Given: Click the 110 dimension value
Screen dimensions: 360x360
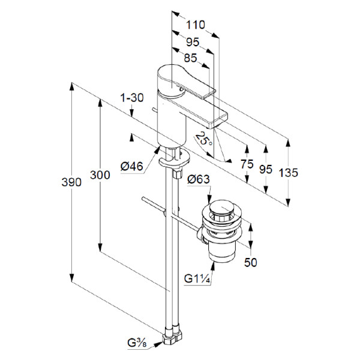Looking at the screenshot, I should tap(196, 25).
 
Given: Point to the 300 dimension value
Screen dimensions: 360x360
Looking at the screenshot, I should tap(100, 175).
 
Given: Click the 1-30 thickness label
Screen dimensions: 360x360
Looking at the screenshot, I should tap(131, 98).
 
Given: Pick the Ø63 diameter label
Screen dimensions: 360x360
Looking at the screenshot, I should tap(198, 179).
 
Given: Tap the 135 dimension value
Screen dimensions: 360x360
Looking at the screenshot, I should tap(289, 172).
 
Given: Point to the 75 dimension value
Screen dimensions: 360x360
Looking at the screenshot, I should tap(245, 165).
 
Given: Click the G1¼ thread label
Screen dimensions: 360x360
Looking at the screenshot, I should tap(196, 278).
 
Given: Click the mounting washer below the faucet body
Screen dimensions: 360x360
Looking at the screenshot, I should tap(174, 161).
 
